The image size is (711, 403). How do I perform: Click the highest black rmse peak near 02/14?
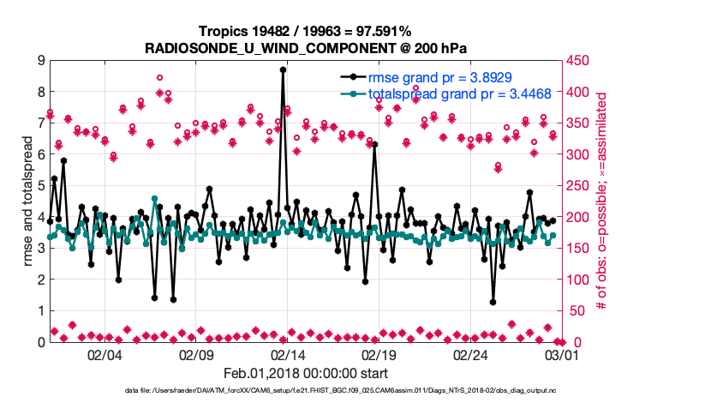[x=283, y=70]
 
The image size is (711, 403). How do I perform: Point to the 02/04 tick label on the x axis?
[x=105, y=354]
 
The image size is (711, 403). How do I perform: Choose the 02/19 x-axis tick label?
[x=379, y=354]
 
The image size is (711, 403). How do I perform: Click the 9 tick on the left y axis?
[x=41, y=61]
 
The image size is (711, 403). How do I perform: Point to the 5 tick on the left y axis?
[x=41, y=186]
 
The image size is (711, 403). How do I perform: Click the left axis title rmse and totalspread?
[x=27, y=201]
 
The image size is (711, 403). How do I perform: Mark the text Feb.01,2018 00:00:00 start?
[x=306, y=373]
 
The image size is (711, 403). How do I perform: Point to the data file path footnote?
[x=341, y=390]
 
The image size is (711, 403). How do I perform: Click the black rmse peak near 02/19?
[x=374, y=145]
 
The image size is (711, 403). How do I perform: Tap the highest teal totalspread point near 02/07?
[x=155, y=199]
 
